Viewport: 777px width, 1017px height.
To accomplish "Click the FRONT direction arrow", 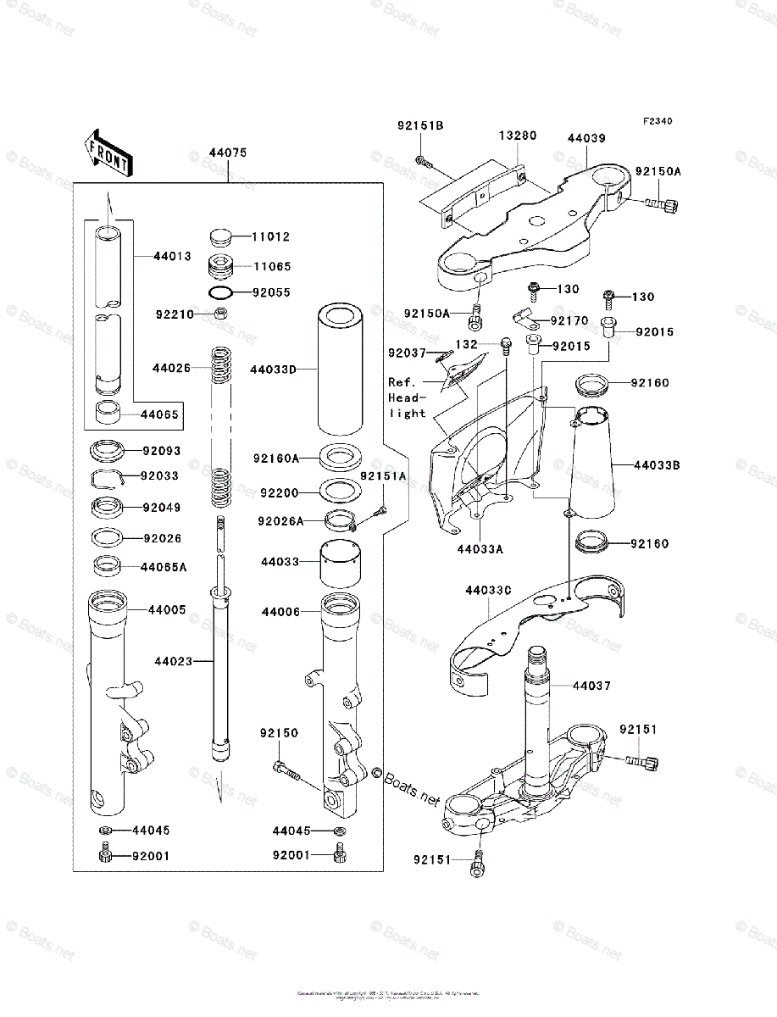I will (x=107, y=152).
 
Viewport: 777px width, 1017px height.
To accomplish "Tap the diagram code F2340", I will (x=657, y=122).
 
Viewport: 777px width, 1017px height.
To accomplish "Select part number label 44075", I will (x=228, y=153).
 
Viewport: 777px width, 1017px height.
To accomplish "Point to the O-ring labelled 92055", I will (x=220, y=293).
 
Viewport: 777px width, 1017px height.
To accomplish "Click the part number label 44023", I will (x=173, y=660).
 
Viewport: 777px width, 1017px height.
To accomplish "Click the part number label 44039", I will (x=586, y=137).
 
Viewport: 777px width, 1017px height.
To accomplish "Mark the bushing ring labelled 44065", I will (x=108, y=414).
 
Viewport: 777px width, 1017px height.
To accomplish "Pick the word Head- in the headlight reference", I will (x=406, y=397).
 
